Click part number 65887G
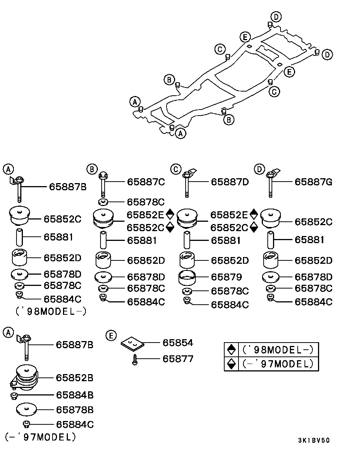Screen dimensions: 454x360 [x=313, y=182]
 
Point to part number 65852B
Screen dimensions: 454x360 [x=75, y=377]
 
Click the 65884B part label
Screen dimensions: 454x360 [x=75, y=395]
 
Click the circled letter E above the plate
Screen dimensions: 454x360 [x=111, y=335]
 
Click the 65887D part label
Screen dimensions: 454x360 [x=229, y=182]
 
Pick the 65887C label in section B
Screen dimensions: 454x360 [x=146, y=182]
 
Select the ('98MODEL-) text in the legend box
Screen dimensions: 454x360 [x=278, y=350]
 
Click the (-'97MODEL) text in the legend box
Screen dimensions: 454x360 [x=278, y=364]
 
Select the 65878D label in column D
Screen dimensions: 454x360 [x=313, y=277]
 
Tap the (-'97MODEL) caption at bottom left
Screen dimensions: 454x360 [x=40, y=437]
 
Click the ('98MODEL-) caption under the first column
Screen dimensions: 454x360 [x=51, y=311]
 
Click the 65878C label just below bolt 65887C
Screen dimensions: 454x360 [x=146, y=202]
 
